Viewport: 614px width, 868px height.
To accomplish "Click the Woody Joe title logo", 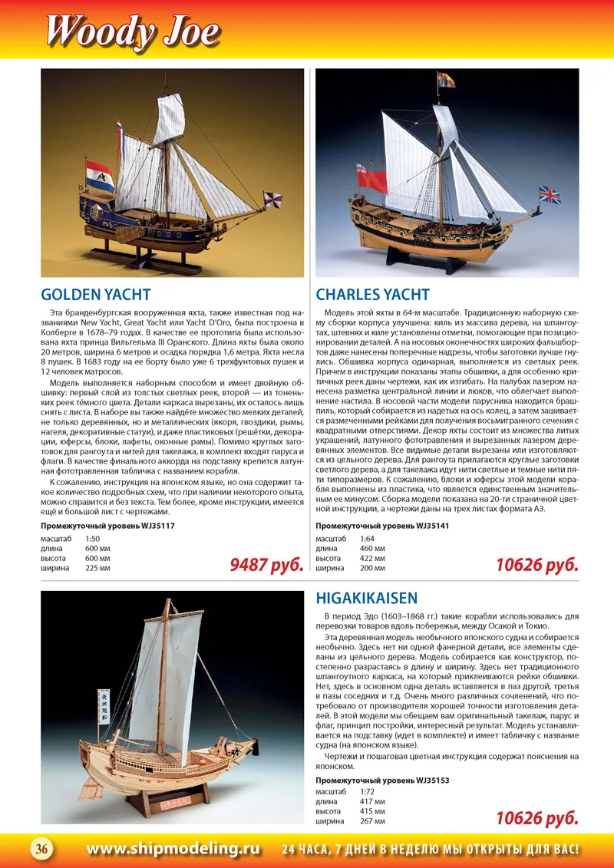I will pyautogui.click(x=132, y=31).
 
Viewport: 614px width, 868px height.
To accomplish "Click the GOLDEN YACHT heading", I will pyautogui.click(x=95, y=295).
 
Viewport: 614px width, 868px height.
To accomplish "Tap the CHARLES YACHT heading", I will pyautogui.click(x=372, y=295).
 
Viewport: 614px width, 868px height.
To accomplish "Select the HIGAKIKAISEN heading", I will pyautogui.click(x=367, y=598).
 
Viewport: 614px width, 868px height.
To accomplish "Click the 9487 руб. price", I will pyautogui.click(x=267, y=566).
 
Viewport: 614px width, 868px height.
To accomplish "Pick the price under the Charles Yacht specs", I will pyautogui.click(x=536, y=566).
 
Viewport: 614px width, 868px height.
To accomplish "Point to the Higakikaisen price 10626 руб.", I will pyautogui.click(x=536, y=819).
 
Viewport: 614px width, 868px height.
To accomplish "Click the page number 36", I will pyautogui.click(x=41, y=848).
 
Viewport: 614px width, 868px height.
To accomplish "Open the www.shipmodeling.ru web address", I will pyautogui.click(x=173, y=848).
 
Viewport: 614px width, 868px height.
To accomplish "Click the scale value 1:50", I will pyautogui.click(x=93, y=539).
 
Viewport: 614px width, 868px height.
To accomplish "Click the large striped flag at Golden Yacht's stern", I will pyautogui.click(x=101, y=177).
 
